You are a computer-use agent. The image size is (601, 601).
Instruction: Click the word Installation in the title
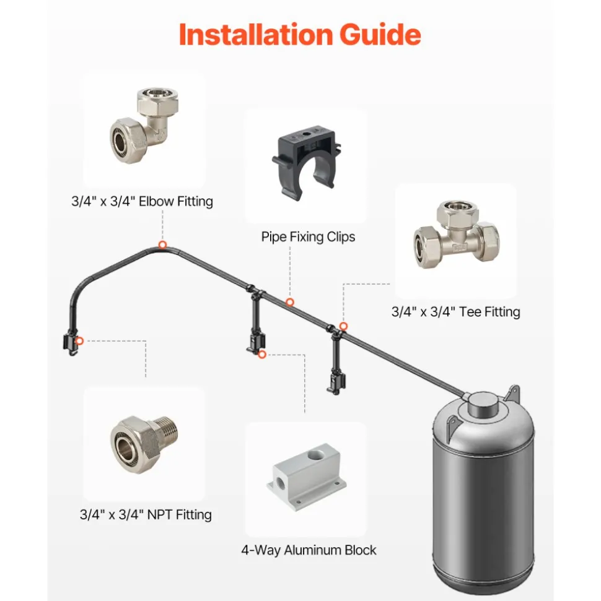257,35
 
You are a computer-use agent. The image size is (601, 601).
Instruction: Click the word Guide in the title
380,35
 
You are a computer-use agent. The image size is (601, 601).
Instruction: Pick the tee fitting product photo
456,234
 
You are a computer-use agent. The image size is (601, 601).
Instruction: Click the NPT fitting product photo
144,444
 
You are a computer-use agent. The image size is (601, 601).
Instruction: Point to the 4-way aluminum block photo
306,476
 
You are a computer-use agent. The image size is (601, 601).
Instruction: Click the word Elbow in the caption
156,201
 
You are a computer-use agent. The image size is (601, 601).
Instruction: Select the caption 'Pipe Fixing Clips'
308,237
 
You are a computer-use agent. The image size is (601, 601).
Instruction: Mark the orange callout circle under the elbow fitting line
163,245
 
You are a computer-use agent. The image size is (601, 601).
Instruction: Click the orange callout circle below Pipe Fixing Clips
290,303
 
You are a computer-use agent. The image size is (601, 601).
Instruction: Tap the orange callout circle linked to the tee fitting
343,326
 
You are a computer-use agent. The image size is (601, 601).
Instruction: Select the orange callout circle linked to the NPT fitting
79,341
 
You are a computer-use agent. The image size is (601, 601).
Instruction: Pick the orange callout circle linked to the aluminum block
262,355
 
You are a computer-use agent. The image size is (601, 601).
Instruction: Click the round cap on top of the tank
484,403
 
